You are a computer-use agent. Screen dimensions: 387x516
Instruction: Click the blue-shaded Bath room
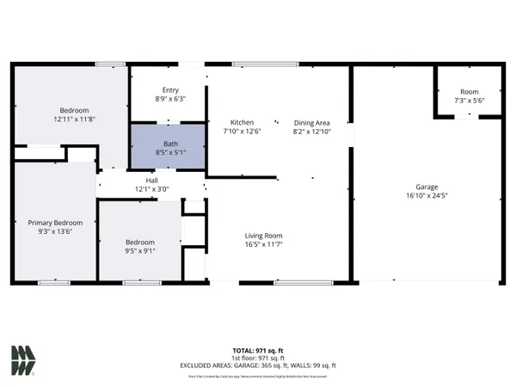pyautogui.click(x=168, y=146)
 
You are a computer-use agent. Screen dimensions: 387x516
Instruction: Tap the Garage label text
pyautogui.click(x=427, y=187)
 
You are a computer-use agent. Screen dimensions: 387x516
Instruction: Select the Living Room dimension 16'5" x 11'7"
pyautogui.click(x=263, y=245)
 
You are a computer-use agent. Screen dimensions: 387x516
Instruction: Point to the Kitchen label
pyautogui.click(x=242, y=122)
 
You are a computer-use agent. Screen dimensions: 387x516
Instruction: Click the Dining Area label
pyautogui.click(x=311, y=122)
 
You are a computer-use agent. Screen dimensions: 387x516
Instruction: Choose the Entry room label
pyautogui.click(x=170, y=89)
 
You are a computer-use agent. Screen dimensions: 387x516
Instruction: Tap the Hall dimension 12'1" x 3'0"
pyautogui.click(x=151, y=189)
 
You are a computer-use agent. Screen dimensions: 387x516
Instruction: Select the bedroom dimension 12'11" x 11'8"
pyautogui.click(x=75, y=120)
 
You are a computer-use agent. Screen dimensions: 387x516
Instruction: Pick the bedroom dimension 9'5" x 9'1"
pyautogui.click(x=139, y=252)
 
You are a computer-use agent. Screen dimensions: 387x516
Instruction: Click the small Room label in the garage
pyautogui.click(x=469, y=91)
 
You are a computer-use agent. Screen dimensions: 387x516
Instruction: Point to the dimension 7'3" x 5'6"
pyautogui.click(x=469, y=101)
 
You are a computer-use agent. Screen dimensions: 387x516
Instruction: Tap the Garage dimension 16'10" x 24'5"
pyautogui.click(x=427, y=196)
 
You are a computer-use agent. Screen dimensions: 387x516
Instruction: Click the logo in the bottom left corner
pyautogui.click(x=23, y=360)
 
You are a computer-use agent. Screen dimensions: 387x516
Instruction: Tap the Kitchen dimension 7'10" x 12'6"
pyautogui.click(x=242, y=132)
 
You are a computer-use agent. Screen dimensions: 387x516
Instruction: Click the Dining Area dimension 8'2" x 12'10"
pyautogui.click(x=311, y=132)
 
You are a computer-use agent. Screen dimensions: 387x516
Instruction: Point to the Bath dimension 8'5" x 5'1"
pyautogui.click(x=168, y=152)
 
